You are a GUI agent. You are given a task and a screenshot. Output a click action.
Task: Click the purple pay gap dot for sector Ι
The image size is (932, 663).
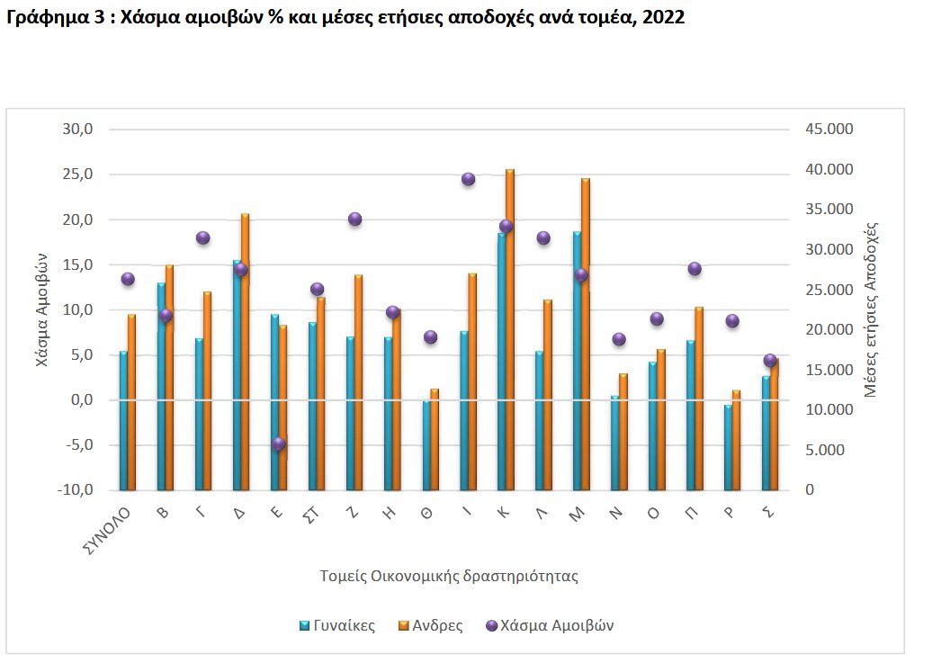468,179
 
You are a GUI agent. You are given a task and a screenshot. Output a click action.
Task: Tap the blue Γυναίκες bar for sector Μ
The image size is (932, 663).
577,360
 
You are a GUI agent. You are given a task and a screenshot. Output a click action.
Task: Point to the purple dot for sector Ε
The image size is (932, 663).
279,443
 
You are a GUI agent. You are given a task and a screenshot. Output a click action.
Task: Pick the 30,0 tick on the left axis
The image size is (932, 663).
77,130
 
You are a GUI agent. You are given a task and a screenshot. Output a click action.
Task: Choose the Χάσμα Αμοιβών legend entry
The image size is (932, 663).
549,625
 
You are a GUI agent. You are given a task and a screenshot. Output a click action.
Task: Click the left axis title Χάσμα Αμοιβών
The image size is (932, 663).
41,309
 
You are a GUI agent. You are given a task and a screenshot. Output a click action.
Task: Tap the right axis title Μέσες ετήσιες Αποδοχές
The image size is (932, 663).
870,309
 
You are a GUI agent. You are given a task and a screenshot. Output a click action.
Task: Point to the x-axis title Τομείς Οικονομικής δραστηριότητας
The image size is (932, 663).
449,576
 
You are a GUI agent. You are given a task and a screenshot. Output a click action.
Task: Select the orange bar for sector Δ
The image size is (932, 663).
246,352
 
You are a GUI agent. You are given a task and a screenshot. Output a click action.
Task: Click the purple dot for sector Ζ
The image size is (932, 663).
354,219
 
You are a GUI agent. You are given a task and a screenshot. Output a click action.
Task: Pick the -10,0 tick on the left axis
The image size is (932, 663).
76,490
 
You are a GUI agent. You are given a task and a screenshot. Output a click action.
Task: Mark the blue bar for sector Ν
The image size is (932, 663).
615,443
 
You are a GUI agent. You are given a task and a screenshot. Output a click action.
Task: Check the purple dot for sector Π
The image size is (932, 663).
695,268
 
